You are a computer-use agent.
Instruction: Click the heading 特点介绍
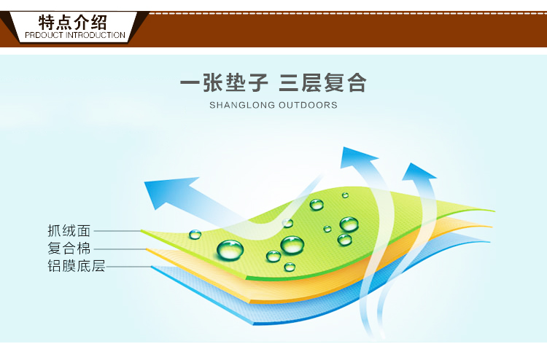(x=72, y=23)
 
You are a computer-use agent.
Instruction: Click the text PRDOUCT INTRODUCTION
(x=75, y=35)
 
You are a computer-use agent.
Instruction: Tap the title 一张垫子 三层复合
(x=273, y=83)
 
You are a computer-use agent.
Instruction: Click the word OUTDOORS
(x=308, y=105)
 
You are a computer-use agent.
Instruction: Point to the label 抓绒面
(x=69, y=231)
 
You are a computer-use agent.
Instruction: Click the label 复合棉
(x=69, y=249)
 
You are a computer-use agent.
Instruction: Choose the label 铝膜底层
(x=77, y=266)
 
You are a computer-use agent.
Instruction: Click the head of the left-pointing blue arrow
(x=167, y=192)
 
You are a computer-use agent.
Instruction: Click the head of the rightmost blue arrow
(x=418, y=171)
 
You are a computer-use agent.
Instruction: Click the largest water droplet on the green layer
(x=230, y=250)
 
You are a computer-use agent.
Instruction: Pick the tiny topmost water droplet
(x=345, y=195)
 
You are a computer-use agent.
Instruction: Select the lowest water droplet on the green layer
(x=290, y=267)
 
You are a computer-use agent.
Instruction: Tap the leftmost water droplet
(x=195, y=235)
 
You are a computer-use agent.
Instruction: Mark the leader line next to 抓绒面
(x=117, y=231)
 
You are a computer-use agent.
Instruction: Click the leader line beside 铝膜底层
(x=128, y=267)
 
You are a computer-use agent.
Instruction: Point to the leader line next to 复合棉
(x=120, y=249)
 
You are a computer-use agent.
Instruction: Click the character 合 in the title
(x=356, y=83)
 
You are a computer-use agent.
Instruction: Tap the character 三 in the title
(x=289, y=83)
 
